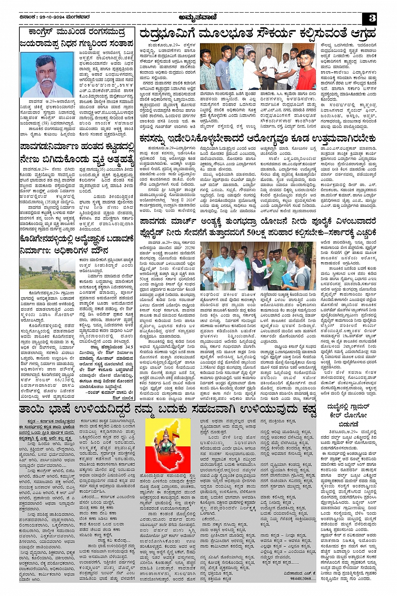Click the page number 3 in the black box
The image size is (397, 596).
pyautogui.click(x=371, y=18)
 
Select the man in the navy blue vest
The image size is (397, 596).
pyautogui.click(x=303, y=273)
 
